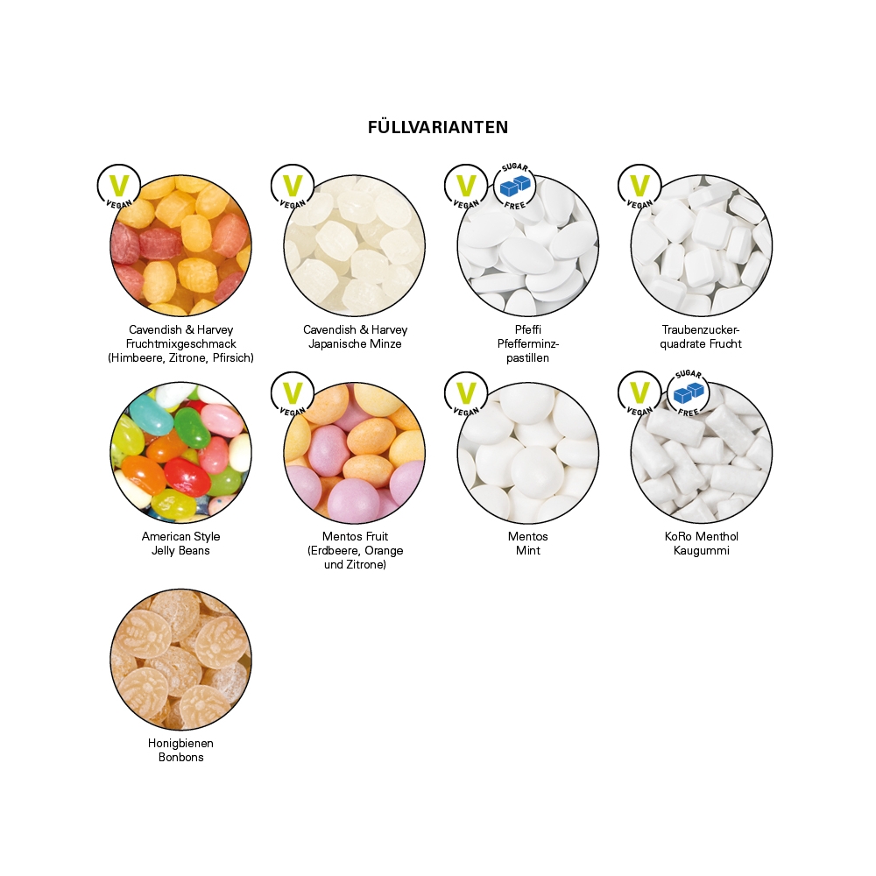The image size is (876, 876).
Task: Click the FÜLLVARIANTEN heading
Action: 438,127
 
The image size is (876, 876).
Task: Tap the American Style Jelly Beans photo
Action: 181,454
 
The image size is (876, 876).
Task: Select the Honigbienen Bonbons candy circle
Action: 181,660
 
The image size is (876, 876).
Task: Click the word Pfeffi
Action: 528,330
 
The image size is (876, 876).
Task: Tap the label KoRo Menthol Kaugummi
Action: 701,543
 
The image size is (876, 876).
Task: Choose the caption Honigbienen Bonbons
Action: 181,750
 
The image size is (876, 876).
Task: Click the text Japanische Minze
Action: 355,344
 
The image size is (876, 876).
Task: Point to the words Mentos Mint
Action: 528,543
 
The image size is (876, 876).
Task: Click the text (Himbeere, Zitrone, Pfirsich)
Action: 181,358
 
